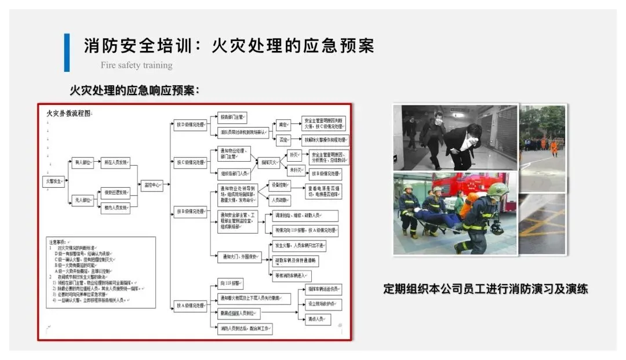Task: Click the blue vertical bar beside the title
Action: [67, 53]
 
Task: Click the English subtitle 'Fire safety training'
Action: [136, 65]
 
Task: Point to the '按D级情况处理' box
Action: [191, 124]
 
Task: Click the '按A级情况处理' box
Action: [191, 306]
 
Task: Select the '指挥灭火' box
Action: [270, 163]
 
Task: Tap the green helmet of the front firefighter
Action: [497, 190]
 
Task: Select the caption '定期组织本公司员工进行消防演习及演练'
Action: [485, 289]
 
